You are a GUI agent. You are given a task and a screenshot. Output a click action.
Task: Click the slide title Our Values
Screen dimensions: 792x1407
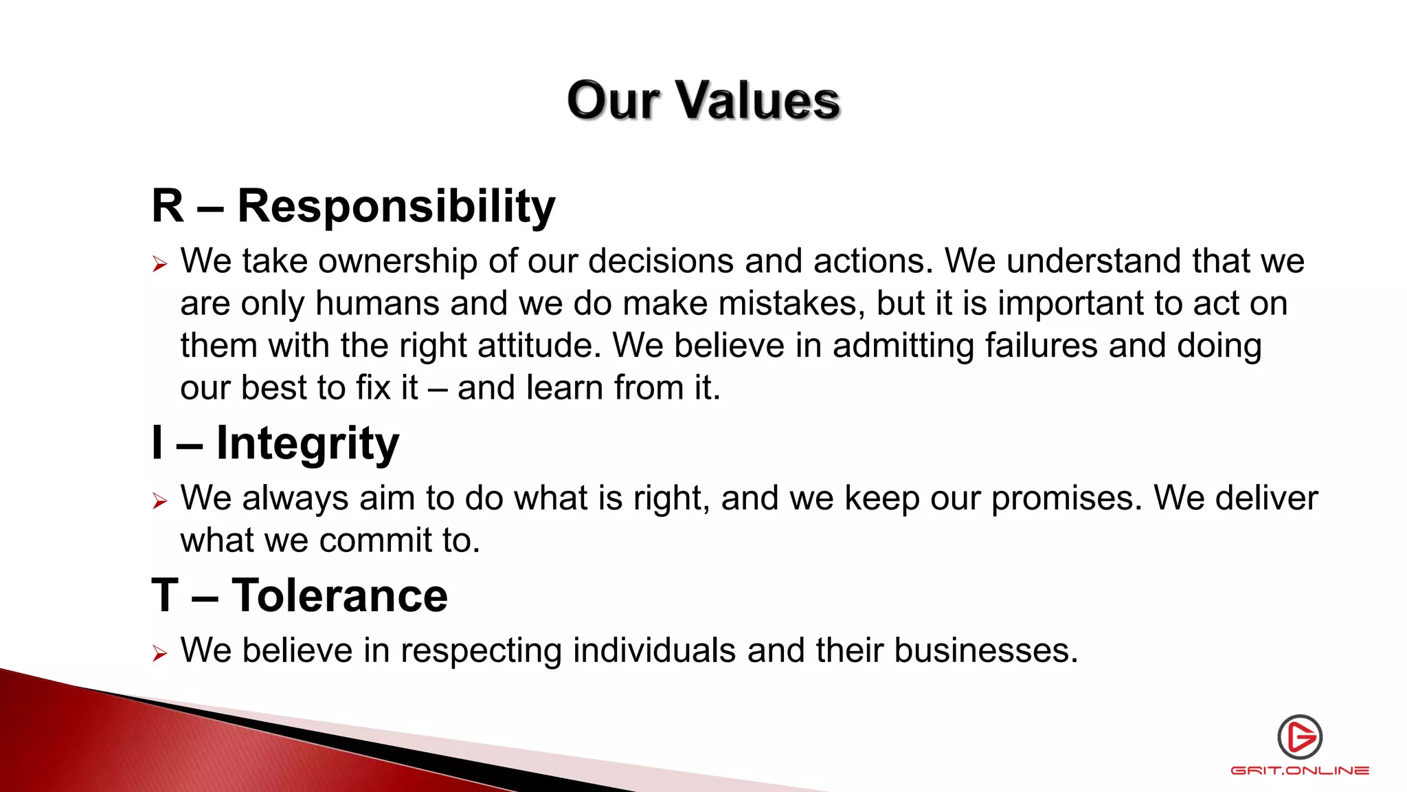[x=703, y=100]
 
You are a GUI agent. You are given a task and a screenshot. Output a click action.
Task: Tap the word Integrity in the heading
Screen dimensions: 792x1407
[x=307, y=443]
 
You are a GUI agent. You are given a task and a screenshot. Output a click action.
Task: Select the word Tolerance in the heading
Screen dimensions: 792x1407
[x=339, y=595]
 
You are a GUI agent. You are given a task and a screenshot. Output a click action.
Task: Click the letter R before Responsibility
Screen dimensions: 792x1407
[x=168, y=206]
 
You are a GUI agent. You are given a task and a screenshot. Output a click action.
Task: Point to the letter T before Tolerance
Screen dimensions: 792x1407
[x=165, y=595]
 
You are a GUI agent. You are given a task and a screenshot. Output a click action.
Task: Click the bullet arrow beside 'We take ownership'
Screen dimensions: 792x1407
[x=159, y=264]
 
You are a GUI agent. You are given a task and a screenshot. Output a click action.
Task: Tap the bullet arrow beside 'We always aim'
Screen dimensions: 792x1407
[x=159, y=501]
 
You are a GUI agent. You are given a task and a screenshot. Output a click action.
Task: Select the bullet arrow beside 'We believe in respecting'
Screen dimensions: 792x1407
[x=159, y=653]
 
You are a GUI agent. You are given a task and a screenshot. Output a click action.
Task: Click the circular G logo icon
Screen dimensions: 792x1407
[x=1300, y=737]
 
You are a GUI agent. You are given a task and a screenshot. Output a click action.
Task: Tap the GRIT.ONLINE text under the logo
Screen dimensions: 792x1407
[x=1300, y=771]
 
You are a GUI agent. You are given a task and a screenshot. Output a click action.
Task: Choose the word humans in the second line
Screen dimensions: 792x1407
[x=377, y=304]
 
